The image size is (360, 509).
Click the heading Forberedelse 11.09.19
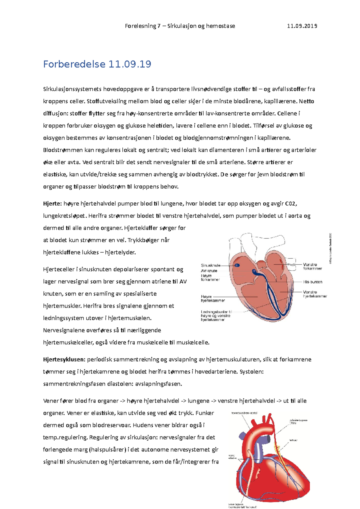click(x=97, y=64)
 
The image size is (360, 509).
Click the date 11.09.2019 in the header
click(x=302, y=26)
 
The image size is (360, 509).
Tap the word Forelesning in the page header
click(x=140, y=26)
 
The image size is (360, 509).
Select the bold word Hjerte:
click(x=52, y=204)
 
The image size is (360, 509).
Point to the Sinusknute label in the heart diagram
click(x=211, y=265)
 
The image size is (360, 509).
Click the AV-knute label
click(x=209, y=271)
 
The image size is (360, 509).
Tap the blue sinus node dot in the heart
click(x=237, y=265)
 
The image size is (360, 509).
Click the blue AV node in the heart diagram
click(x=255, y=272)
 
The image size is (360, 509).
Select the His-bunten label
click(x=313, y=282)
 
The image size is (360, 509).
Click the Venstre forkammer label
click(x=312, y=266)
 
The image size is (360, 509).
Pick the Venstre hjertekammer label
click(x=315, y=294)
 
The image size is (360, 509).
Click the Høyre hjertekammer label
click(x=212, y=298)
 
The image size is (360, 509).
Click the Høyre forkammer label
click(x=210, y=277)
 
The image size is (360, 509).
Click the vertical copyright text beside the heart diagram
click(x=330, y=249)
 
